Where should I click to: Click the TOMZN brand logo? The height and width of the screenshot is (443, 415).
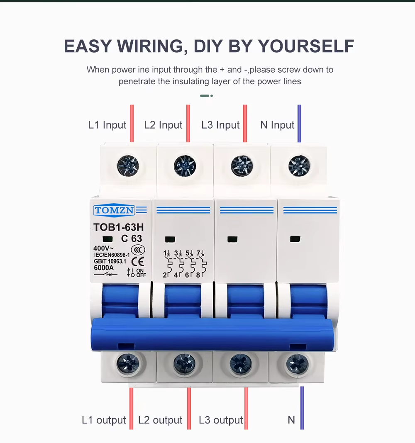(x=114, y=210)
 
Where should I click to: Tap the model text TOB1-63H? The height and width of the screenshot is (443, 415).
(x=118, y=227)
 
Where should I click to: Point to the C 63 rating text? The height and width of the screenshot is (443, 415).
(x=132, y=239)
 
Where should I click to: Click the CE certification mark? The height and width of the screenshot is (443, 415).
(x=138, y=262)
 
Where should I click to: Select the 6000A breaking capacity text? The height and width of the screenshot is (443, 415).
(x=104, y=268)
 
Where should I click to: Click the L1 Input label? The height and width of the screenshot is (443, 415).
(x=107, y=125)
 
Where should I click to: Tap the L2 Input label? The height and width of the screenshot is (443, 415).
(x=163, y=125)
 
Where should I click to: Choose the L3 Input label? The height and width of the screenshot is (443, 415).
(x=220, y=125)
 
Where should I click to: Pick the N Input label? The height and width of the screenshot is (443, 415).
(x=277, y=125)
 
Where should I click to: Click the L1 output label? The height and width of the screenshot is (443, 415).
(x=104, y=420)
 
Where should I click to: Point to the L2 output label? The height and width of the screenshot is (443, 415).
(x=160, y=420)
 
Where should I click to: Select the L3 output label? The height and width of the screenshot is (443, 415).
(x=221, y=420)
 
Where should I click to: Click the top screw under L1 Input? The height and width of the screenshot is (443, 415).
(x=128, y=166)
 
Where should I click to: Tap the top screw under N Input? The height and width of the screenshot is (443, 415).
(x=299, y=166)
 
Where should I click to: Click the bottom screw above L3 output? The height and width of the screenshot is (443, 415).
(x=241, y=364)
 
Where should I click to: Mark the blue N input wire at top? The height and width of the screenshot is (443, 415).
(x=299, y=124)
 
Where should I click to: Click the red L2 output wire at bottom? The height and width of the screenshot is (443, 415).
(x=189, y=409)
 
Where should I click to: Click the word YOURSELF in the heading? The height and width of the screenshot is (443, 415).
(x=306, y=46)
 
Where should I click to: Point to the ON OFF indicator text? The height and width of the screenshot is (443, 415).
(x=141, y=273)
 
